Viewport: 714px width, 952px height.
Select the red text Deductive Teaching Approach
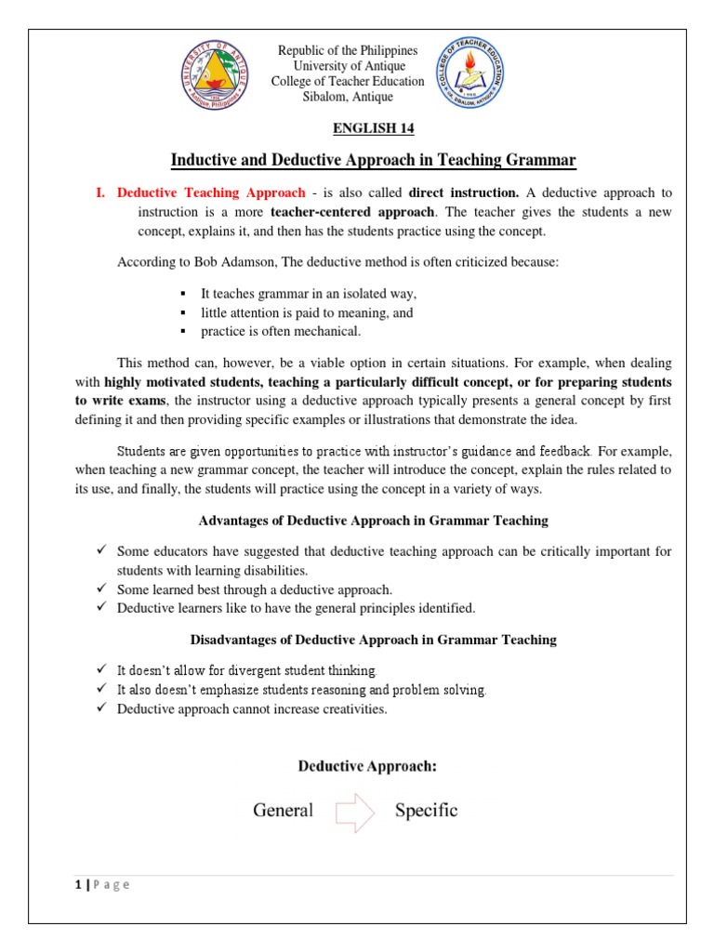click(210, 192)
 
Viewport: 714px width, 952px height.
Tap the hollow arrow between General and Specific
click(354, 811)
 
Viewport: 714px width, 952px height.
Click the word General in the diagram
click(283, 811)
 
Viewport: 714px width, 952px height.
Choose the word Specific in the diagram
click(426, 811)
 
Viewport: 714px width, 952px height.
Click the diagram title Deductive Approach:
click(367, 767)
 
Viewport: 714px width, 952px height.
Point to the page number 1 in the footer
click(79, 885)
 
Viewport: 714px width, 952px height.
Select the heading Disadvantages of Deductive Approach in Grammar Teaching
click(373, 640)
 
